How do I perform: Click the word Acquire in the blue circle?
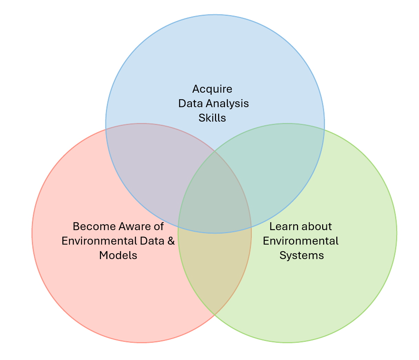tap(212, 89)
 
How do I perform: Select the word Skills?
tap(212, 118)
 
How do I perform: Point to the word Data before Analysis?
tap(191, 103)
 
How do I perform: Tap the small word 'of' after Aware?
tap(159, 226)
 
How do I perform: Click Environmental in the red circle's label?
tap(98, 241)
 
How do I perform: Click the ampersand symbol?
tap(171, 241)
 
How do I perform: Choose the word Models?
tap(118, 255)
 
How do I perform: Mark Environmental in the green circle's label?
tap(300, 241)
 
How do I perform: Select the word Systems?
tap(302, 255)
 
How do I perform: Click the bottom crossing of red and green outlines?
tap(214, 315)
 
